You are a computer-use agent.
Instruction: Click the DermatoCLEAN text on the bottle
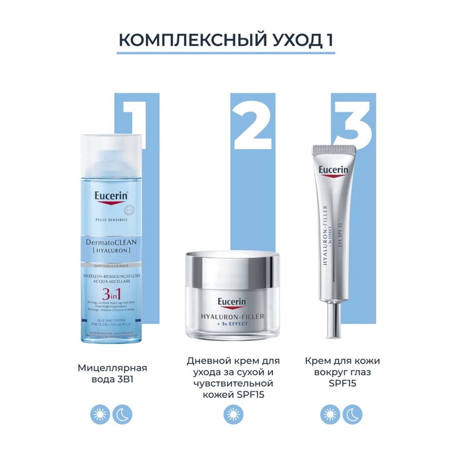click(111, 241)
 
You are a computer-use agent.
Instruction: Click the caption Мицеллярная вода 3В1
click(112, 374)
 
